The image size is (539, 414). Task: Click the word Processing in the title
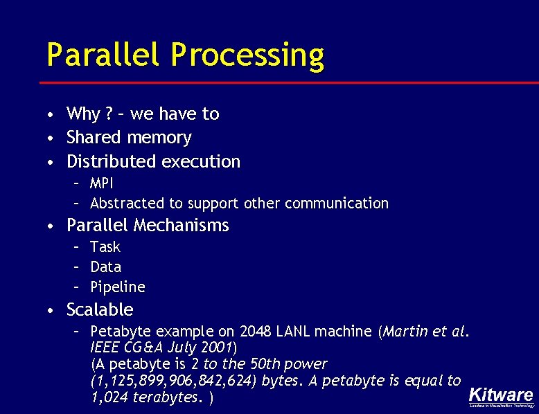[247, 55]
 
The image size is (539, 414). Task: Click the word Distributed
[112, 161]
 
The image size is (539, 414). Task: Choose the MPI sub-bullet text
[102, 183]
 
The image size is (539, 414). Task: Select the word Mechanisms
[182, 226]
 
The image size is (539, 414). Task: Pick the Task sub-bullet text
[105, 247]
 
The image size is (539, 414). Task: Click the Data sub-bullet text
[105, 267]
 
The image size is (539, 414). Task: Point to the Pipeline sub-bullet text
[117, 287]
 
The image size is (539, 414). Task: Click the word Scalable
[100, 309]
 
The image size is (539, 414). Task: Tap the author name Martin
[404, 332]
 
